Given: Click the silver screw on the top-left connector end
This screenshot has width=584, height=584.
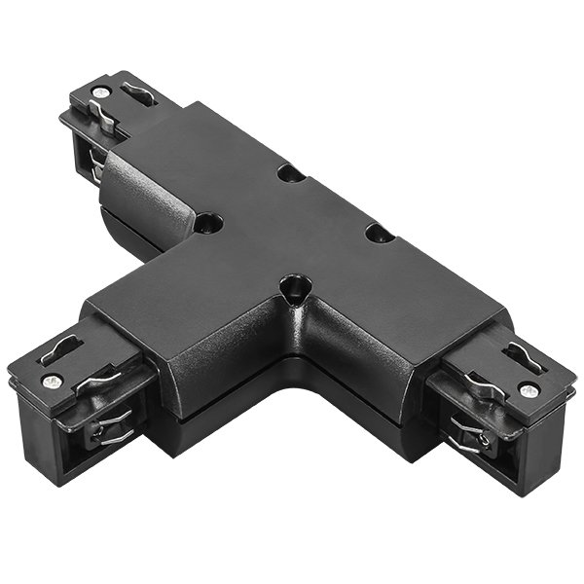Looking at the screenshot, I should coord(99,92).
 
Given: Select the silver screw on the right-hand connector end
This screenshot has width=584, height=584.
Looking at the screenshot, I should coord(528,390).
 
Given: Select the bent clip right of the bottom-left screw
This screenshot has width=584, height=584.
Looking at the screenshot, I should coord(94,380).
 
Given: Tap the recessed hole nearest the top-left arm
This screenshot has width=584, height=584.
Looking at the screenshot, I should coord(208,224).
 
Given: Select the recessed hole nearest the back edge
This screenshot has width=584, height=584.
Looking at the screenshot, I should coord(289,173).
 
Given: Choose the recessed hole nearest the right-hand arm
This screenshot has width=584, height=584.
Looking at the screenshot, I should coord(380,234).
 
